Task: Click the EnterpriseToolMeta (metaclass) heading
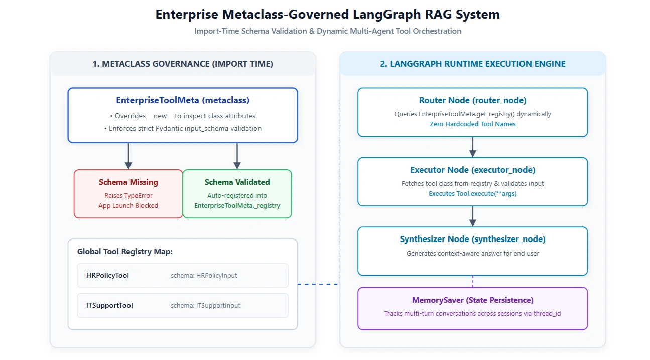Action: pos(183,100)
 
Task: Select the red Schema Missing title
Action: pos(128,182)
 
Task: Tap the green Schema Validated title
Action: pos(237,182)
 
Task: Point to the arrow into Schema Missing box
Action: pos(128,156)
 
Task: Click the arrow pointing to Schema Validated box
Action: pos(237,156)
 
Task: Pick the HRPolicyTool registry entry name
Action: pos(107,275)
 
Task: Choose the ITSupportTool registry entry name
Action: pos(109,305)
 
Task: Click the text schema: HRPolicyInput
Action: pos(204,275)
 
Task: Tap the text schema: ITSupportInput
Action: pos(205,305)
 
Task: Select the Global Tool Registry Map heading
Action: pos(125,252)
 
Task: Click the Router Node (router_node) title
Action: pos(472,100)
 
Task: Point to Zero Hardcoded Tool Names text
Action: pos(472,124)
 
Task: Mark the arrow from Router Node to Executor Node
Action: pos(473,147)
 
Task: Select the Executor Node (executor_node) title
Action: pos(472,170)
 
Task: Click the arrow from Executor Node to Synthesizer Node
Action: pos(473,216)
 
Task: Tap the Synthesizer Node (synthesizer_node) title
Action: pos(472,239)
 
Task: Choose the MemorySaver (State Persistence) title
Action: pos(472,300)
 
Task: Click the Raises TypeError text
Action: pos(128,196)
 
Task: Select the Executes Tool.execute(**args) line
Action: pos(472,194)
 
